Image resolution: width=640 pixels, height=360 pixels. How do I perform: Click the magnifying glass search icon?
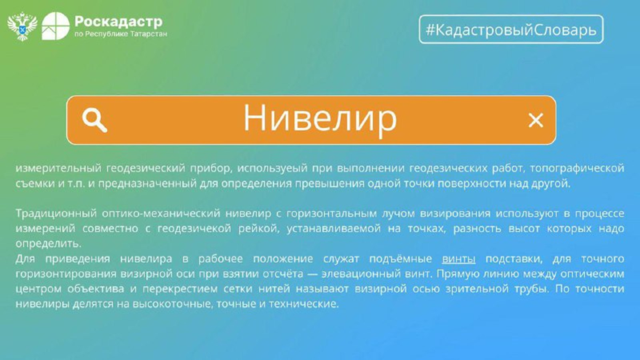(x=94, y=120)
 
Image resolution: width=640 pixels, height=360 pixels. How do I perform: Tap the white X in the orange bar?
(x=536, y=120)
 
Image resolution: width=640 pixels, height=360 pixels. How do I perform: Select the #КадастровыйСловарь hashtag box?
(x=511, y=30)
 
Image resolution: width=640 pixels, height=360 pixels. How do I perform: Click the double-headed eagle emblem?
(x=22, y=26)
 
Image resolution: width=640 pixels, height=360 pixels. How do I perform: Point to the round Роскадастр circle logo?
(x=56, y=26)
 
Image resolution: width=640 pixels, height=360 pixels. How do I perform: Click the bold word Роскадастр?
(x=118, y=22)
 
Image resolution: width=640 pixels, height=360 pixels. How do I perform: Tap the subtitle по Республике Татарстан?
(x=121, y=34)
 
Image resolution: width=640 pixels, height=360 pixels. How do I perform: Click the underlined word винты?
(x=459, y=259)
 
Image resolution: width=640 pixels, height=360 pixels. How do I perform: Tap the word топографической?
(x=577, y=168)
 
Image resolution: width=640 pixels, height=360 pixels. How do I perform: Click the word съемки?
(x=35, y=184)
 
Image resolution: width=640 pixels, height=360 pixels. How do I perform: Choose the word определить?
(x=48, y=244)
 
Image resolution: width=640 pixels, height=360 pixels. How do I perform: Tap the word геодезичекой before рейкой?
(x=194, y=229)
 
